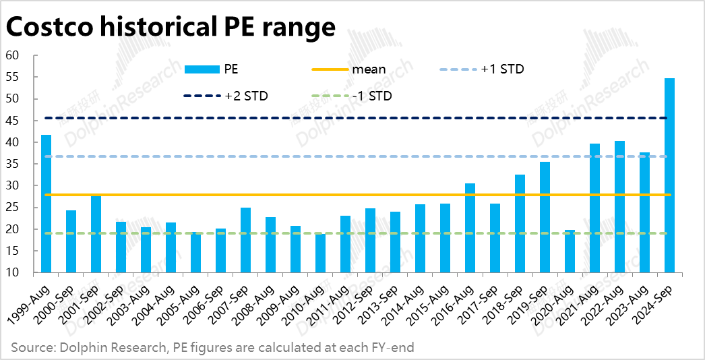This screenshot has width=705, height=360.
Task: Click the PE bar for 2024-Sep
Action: click(669, 175)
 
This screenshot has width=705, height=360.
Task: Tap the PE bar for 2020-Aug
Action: click(570, 251)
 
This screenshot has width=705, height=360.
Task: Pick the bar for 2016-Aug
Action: click(470, 228)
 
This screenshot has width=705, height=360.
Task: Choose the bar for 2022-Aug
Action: click(619, 206)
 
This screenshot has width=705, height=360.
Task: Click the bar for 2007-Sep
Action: click(245, 240)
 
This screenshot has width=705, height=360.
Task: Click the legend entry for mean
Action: click(369, 69)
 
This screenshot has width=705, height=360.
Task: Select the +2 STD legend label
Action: click(246, 96)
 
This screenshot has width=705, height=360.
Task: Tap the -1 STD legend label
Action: click(371, 96)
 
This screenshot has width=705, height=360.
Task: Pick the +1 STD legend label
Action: click(502, 69)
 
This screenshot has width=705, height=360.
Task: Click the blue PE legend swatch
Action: click(202, 69)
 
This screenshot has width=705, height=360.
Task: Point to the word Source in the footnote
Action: click(31, 347)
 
